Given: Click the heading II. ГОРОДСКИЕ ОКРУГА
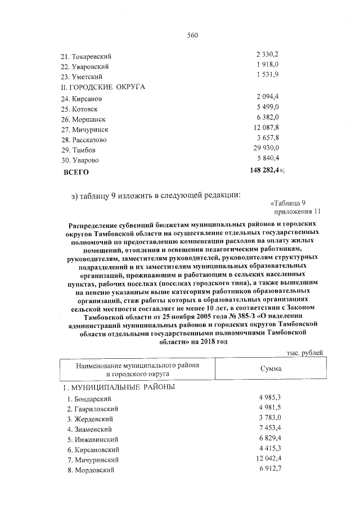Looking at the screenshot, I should point(103,87).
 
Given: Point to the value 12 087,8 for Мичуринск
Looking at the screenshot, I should point(267,129).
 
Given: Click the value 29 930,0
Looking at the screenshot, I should point(267,148).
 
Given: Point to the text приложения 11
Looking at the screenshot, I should point(297,211).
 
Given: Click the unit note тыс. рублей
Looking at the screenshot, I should point(304,352).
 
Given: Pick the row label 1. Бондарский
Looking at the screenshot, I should point(89,399).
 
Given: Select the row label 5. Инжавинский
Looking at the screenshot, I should point(91,440).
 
